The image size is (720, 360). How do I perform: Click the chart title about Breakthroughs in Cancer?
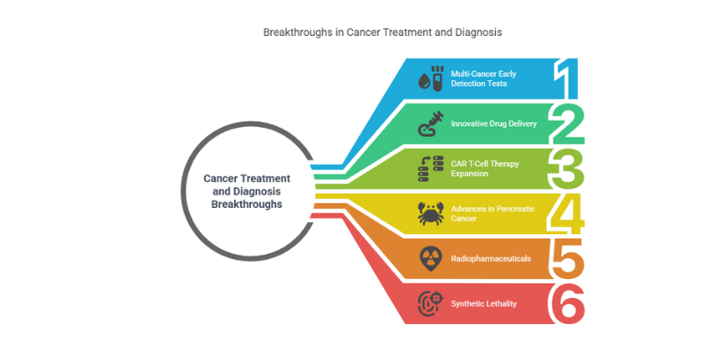382,32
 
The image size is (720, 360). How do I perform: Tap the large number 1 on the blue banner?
566,78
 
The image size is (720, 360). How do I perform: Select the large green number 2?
567,124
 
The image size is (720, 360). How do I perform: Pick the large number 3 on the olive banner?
568,168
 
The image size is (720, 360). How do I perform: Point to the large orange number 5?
568,258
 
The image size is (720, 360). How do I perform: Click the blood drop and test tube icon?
430,78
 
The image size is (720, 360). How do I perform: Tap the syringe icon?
430,123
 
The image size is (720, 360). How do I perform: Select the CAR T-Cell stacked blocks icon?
430,168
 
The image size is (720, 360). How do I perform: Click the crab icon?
430,213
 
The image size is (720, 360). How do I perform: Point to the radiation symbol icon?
430,259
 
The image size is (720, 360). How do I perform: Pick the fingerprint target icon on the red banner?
431,303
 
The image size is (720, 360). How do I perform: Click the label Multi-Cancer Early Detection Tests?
483,78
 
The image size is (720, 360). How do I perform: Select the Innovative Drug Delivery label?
493,123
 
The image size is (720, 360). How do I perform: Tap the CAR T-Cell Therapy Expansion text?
485,168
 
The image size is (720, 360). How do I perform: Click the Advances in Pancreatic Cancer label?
492,213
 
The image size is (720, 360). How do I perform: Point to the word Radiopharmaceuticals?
490,258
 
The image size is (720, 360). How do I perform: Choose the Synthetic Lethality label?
483,303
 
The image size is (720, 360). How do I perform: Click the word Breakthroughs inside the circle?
247,204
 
